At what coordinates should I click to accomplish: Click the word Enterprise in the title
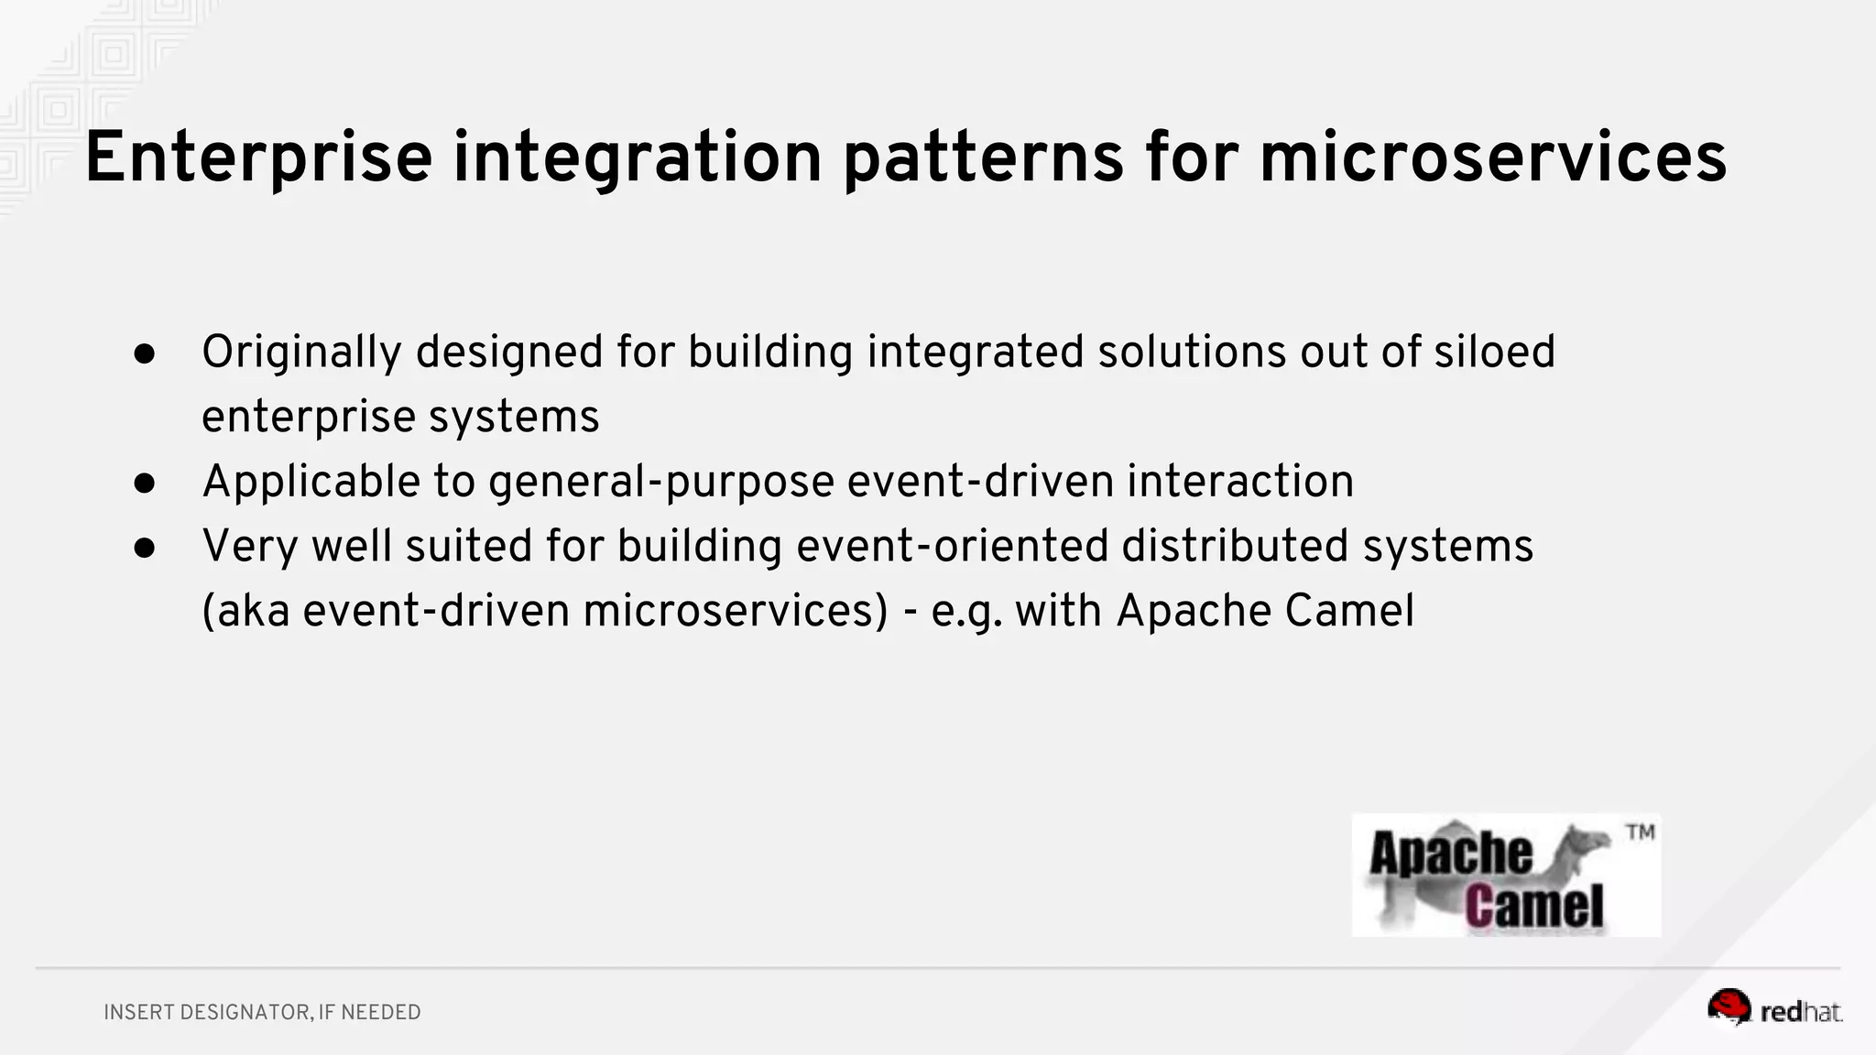point(257,158)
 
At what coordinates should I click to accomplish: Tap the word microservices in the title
point(1492,158)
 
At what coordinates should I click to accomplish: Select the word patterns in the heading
point(982,158)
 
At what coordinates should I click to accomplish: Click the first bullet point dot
point(145,354)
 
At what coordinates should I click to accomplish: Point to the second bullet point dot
point(145,484)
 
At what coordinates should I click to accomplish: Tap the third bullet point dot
point(145,548)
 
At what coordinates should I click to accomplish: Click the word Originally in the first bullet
point(301,353)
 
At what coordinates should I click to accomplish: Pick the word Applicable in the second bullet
point(311,482)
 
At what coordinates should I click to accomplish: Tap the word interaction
point(1239,481)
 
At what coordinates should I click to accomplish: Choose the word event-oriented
point(952,546)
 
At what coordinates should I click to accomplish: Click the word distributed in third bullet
point(1234,546)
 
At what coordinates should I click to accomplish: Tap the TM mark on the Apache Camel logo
point(1640,832)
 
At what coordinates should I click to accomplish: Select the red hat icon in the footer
point(1728,1007)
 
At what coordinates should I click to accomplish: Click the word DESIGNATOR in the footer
point(245,1012)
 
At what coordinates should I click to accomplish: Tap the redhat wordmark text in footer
point(1800,1012)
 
